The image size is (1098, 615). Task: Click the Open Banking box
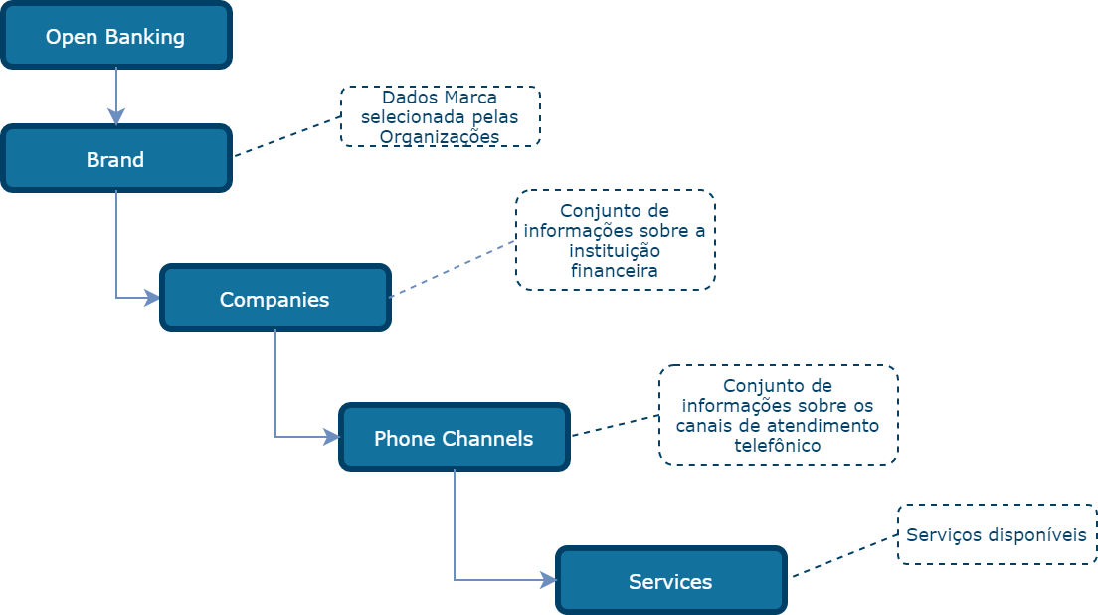tap(116, 36)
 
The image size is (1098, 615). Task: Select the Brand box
tap(116, 158)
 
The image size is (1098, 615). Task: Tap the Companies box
tap(275, 298)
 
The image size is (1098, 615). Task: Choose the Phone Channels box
tap(455, 437)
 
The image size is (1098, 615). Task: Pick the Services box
tap(671, 580)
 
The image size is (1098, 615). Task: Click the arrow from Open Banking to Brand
tap(116, 96)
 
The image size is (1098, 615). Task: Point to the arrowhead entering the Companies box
tap(153, 298)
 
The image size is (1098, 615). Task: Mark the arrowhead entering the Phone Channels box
tap(332, 437)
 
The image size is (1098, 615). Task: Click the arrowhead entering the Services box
tap(549, 580)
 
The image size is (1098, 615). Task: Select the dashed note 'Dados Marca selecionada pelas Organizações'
tap(441, 116)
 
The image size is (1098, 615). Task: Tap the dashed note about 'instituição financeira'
tap(616, 240)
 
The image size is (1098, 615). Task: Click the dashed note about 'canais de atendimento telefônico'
tap(778, 415)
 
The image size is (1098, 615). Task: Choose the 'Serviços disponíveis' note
tap(997, 534)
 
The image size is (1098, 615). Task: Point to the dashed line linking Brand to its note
tap(287, 136)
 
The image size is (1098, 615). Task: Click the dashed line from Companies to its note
tap(453, 268)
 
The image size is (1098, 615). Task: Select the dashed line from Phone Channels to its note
tap(615, 425)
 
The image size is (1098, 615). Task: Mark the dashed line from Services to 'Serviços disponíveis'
tap(844, 556)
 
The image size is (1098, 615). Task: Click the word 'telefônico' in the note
tap(778, 445)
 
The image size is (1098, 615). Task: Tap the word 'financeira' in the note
tap(616, 270)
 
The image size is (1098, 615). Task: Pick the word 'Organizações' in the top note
tap(441, 136)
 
